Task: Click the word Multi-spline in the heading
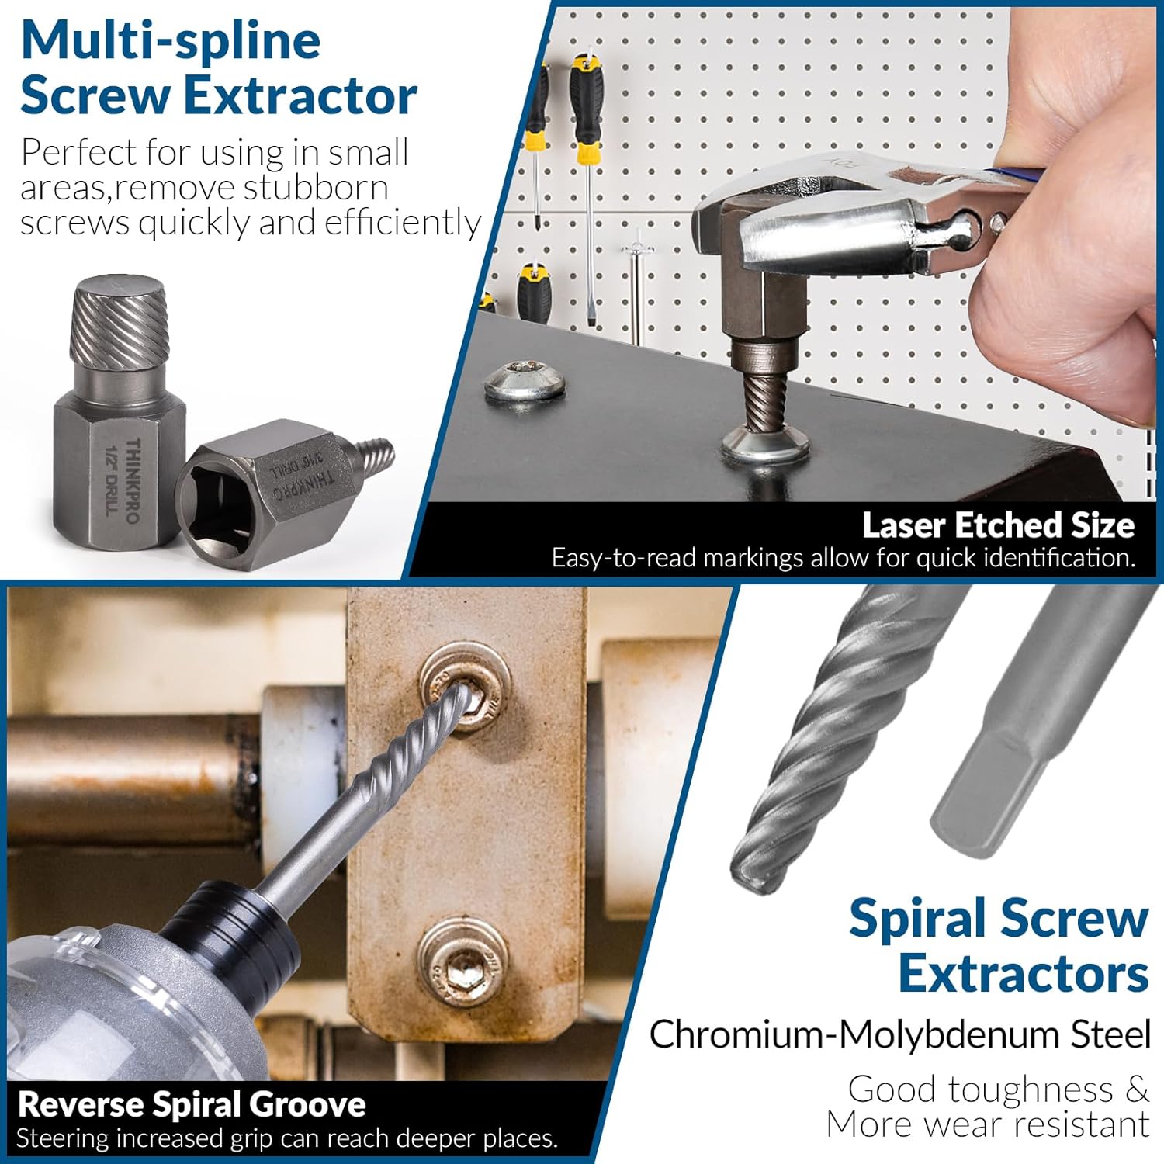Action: pyautogui.click(x=171, y=40)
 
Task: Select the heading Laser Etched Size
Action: pyautogui.click(x=998, y=525)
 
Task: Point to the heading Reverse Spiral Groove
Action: pyautogui.click(x=191, y=1104)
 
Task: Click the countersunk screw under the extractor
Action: pyautogui.click(x=764, y=450)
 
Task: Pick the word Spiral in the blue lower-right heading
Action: pyautogui.click(x=917, y=919)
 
